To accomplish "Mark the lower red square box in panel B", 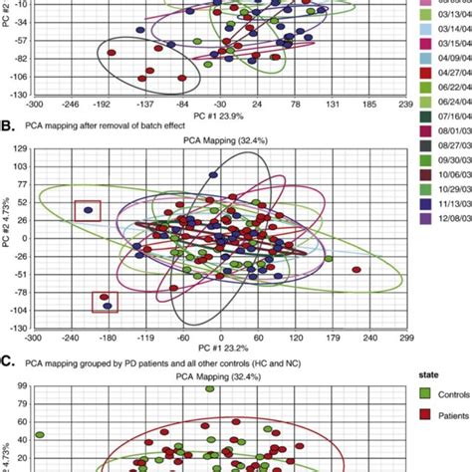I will pos(105,302).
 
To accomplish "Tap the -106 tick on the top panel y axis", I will pos(19,76).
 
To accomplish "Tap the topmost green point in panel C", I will pos(210,389).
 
